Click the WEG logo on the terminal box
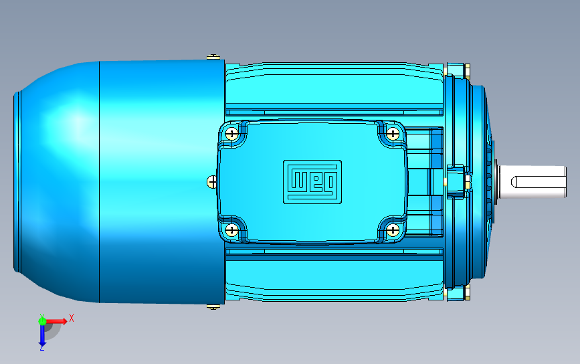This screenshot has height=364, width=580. (x=312, y=182)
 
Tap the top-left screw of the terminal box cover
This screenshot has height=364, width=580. (x=231, y=134)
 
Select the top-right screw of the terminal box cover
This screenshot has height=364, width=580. (x=393, y=134)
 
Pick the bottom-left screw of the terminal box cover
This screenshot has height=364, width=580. (x=231, y=230)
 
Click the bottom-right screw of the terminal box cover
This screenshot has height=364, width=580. (x=393, y=230)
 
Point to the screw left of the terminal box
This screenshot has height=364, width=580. (x=211, y=182)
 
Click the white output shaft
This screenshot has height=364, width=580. (x=533, y=181)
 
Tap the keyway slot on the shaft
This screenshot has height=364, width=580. (x=539, y=182)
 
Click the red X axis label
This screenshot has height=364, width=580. (x=72, y=318)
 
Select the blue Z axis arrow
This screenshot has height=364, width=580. (x=42, y=335)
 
